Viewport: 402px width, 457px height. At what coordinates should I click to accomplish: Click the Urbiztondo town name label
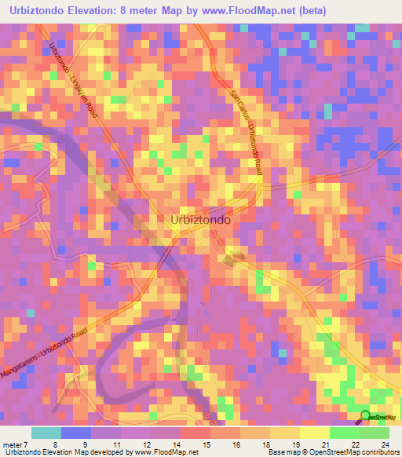200,221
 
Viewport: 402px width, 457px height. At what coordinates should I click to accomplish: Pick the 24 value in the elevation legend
385,444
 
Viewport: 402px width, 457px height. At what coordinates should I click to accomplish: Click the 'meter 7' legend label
14,444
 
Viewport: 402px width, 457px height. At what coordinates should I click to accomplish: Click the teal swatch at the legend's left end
46,433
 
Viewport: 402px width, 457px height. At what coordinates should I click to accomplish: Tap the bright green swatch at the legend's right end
375,433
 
